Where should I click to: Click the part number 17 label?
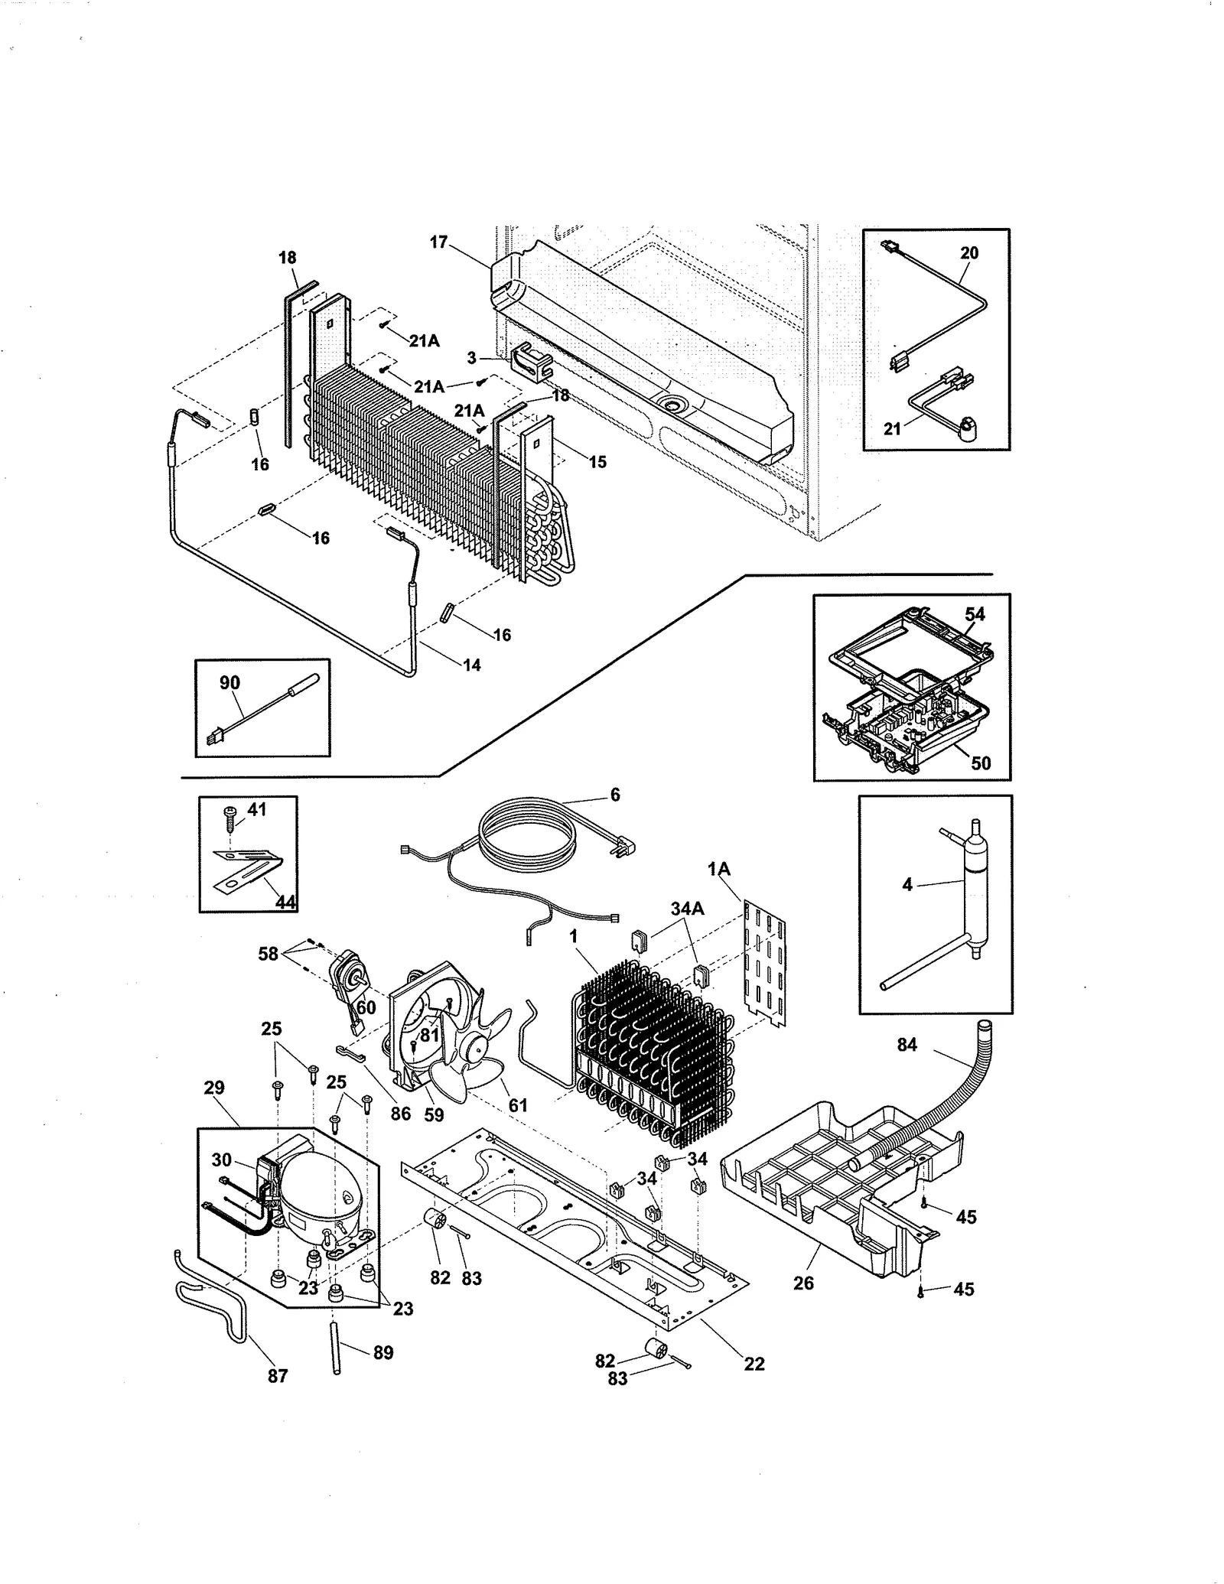pos(438,242)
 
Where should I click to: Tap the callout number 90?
pos(229,683)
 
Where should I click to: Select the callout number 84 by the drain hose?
pos(907,1044)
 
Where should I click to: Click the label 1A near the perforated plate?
pos(719,869)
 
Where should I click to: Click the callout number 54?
pos(975,614)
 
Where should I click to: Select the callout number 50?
pos(981,763)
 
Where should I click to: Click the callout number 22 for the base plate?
pos(754,1363)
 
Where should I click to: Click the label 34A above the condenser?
pos(687,908)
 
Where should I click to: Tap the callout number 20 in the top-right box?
pos(969,253)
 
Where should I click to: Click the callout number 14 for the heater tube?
pos(472,665)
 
